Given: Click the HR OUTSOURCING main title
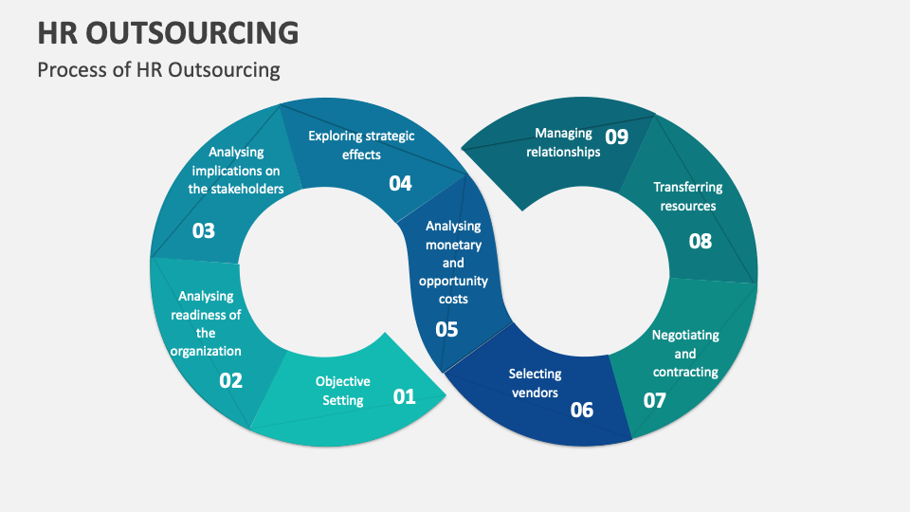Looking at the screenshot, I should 169,32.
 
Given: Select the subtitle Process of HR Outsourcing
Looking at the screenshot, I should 158,70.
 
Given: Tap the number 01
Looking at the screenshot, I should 405,396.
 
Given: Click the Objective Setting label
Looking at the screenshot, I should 343,391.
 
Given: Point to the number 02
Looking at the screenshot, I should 231,380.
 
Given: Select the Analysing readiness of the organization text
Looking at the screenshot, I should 206,323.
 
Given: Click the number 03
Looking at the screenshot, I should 204,230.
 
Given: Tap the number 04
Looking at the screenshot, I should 401,183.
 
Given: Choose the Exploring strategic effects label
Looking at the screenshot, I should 361,145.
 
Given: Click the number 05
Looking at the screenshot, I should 446,329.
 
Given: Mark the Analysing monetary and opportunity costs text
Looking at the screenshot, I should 453,263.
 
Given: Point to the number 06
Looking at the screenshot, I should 582,410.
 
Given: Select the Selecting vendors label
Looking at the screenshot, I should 535,383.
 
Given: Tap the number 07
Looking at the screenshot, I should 655,400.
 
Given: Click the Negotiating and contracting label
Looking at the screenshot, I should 685,353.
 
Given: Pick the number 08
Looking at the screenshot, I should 701,241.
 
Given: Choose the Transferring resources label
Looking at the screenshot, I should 688,196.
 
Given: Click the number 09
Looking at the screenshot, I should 617,137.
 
